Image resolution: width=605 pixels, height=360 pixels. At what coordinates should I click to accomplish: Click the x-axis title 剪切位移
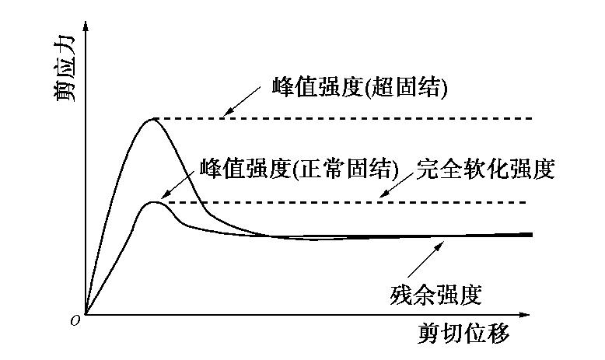(463, 334)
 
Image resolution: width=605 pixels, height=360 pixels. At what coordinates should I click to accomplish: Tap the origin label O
(75, 321)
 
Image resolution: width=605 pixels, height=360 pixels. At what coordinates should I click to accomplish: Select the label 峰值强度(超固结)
(360, 87)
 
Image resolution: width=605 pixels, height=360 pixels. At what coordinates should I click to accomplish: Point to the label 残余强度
(436, 295)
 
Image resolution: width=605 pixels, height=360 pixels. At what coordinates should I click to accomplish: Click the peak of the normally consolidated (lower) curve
(155, 202)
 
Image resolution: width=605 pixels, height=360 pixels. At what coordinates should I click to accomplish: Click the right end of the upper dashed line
(532, 118)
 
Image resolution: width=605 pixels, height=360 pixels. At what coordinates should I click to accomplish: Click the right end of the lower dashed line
(526, 202)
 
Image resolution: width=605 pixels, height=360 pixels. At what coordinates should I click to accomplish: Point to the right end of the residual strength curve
(532, 234)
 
